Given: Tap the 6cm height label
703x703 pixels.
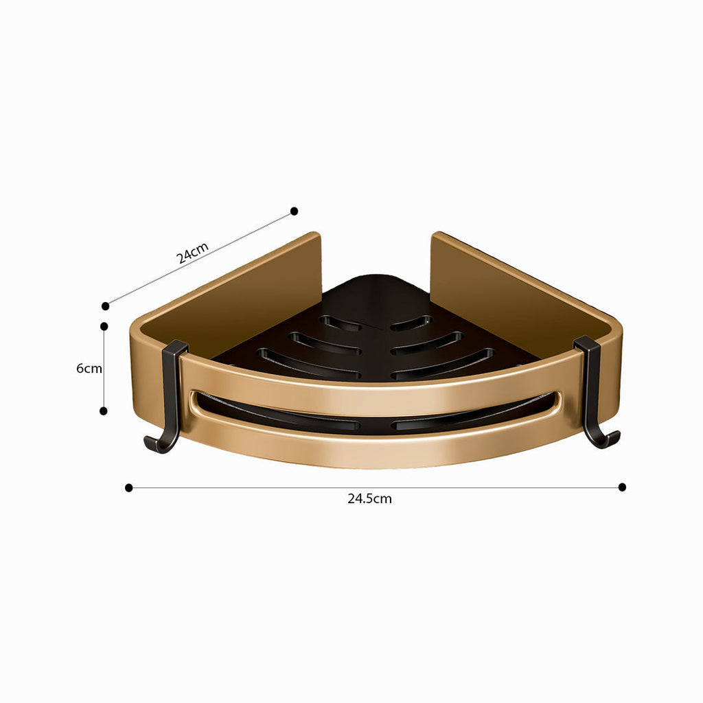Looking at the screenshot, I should tap(89, 368).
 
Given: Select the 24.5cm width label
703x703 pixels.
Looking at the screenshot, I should tap(369, 499).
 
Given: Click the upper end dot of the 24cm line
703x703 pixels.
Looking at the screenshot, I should tap(294, 211).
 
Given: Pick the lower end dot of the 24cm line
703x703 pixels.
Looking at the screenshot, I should tap(106, 306).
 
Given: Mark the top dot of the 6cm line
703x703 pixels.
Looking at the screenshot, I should tap(104, 326).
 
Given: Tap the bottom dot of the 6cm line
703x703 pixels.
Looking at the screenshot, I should tap(104, 411).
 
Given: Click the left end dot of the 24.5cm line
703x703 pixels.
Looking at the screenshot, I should tap(129, 487).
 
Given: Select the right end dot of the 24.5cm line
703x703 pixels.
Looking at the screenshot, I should tap(622, 487).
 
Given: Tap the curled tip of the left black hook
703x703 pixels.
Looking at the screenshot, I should tap(148, 443).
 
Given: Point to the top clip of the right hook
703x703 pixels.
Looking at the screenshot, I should tap(587, 343).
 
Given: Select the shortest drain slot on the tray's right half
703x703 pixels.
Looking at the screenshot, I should tap(411, 321).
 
